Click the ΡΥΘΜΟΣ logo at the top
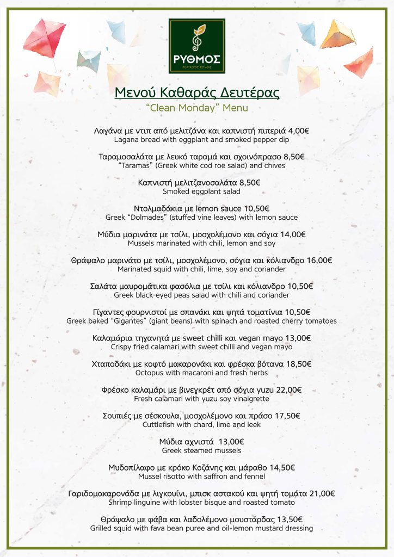click(x=197, y=46)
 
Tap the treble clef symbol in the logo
click(x=196, y=40)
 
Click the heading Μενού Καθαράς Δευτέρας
click(x=197, y=93)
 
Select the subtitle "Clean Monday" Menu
click(x=197, y=108)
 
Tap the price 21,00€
click(x=322, y=493)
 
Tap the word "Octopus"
click(x=149, y=373)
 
